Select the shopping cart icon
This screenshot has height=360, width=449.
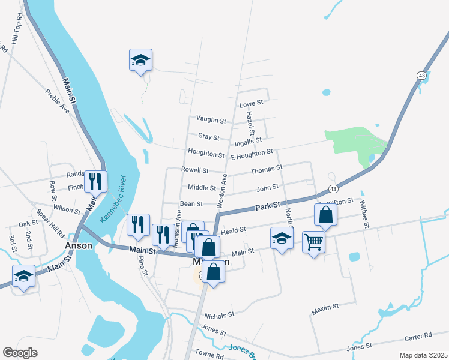point(313,242)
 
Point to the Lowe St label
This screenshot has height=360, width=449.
point(252,104)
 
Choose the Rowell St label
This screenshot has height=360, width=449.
point(194,170)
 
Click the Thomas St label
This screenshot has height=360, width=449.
point(266,170)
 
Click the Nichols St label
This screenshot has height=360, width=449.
point(218,315)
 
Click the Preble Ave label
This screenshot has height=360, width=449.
point(58,101)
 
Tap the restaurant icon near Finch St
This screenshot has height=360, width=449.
point(95,181)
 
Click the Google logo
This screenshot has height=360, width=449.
point(20,353)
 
